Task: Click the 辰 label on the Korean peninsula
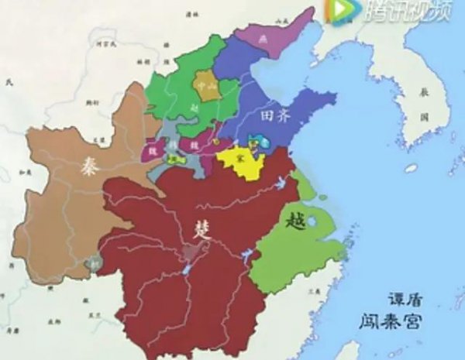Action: pyautogui.click(x=424, y=91)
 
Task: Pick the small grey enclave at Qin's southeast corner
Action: pyautogui.click(x=95, y=263)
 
